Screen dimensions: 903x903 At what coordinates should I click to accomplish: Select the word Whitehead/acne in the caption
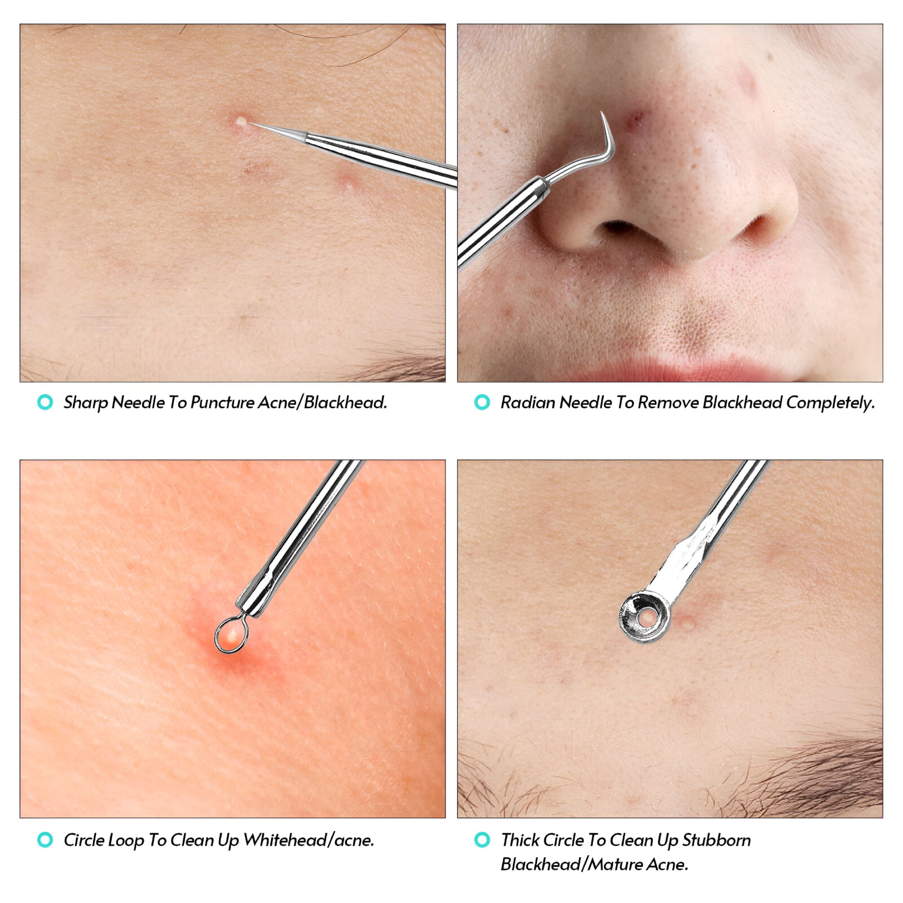pyautogui.click(x=309, y=840)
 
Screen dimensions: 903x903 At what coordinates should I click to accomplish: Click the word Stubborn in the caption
pyautogui.click(x=717, y=840)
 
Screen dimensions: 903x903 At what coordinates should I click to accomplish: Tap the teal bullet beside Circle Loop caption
pyautogui.click(x=45, y=840)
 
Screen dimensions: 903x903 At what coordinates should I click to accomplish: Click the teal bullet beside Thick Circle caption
pyautogui.click(x=482, y=840)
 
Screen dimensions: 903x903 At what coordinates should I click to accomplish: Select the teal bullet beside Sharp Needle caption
pyautogui.click(x=45, y=402)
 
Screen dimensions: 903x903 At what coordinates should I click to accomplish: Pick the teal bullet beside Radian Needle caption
pyautogui.click(x=482, y=402)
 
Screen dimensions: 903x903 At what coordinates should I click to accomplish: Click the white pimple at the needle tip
pyautogui.click(x=241, y=121)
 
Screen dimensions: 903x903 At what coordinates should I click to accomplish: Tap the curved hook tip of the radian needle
pyautogui.click(x=603, y=114)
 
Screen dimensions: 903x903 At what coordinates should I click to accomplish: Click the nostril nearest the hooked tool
pyautogui.click(x=621, y=229)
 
